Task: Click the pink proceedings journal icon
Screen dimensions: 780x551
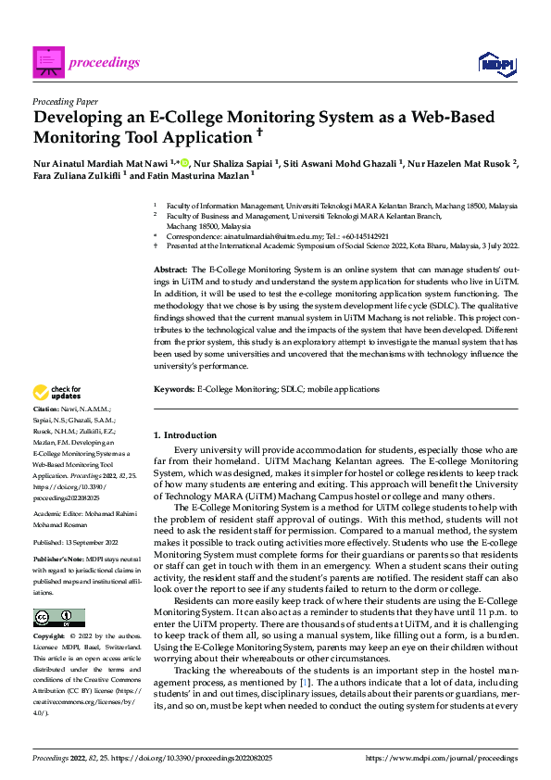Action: coord(46,62)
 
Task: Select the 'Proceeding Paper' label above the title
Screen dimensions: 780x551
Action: coord(65,101)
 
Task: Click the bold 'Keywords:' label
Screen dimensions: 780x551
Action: coord(173,389)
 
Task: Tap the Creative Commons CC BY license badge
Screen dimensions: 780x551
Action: coord(58,618)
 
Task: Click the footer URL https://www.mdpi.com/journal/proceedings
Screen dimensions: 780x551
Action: coord(442,758)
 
